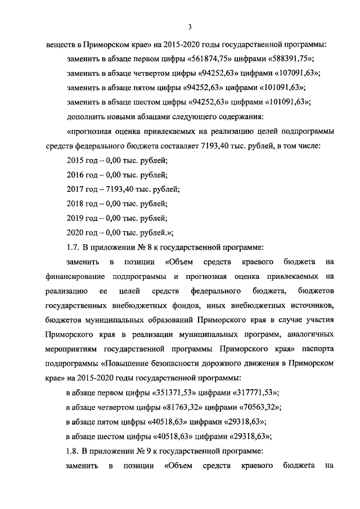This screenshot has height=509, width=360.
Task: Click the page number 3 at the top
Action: coord(190,26)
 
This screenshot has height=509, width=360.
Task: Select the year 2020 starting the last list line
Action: coord(75,232)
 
